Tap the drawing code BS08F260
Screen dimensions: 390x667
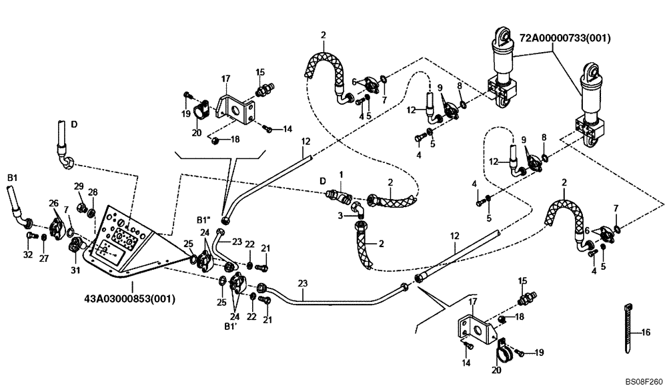tap(643, 381)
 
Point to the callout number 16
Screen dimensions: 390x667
tap(645, 332)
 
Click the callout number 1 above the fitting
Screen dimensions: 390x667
tap(340, 174)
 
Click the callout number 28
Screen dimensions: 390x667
tap(93, 192)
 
